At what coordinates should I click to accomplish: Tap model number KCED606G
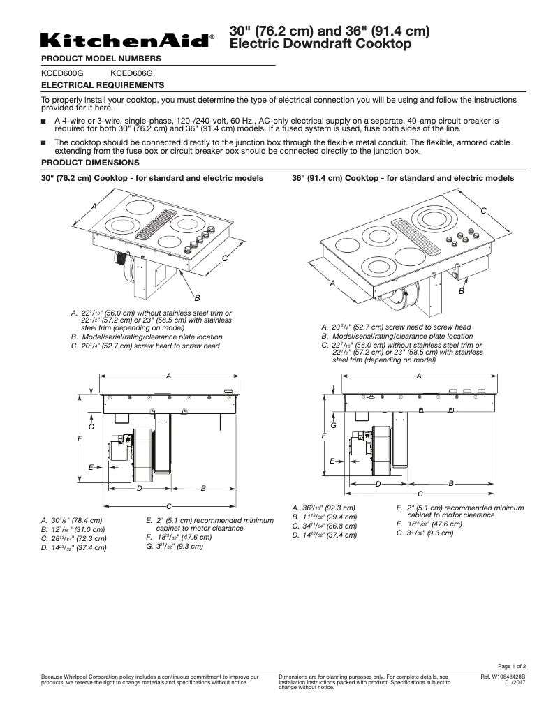131,72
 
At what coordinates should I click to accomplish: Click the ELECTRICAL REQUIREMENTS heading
103,85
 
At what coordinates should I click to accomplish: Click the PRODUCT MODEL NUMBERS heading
101,58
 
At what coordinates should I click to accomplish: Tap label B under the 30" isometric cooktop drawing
198,298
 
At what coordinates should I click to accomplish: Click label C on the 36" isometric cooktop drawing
482,211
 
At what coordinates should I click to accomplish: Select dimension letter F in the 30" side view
80,438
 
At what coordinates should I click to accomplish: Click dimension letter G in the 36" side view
333,425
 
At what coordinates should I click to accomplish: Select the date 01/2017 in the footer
515,683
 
